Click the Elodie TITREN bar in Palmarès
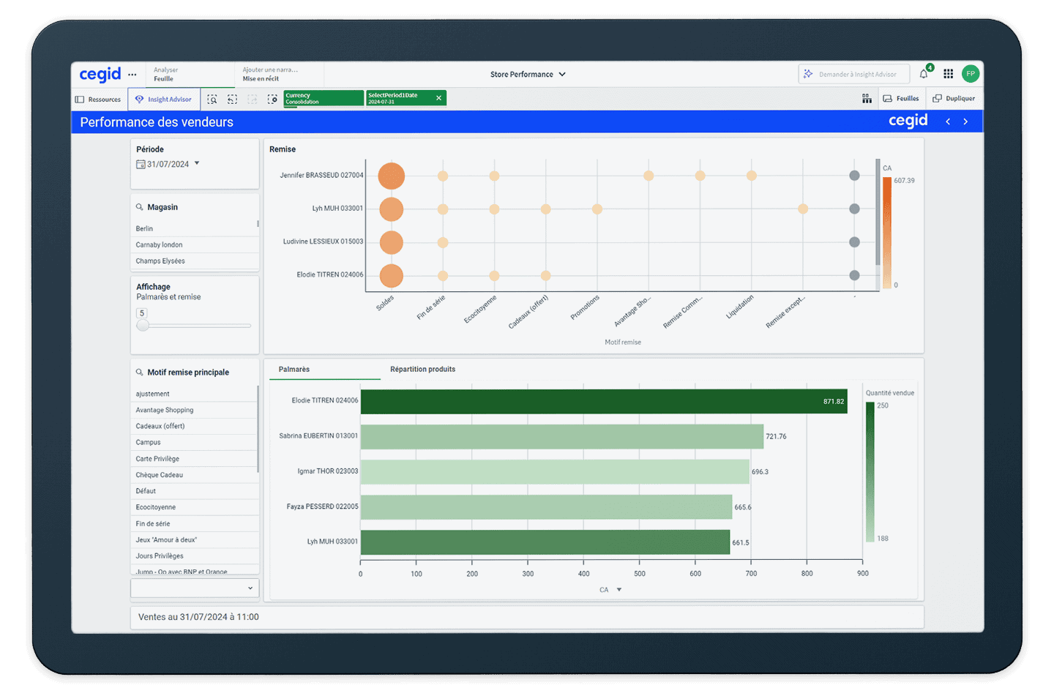click(603, 401)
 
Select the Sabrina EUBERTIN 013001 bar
click(561, 436)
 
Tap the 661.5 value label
click(741, 543)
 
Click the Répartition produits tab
click(422, 370)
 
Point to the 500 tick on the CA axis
click(640, 574)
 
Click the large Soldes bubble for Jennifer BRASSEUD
click(392, 176)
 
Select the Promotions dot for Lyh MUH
click(597, 209)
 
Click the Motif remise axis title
click(622, 343)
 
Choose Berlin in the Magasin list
click(145, 229)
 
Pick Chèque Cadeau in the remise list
click(160, 475)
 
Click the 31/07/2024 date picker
click(168, 165)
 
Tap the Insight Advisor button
click(164, 100)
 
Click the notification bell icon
click(924, 74)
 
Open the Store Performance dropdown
click(528, 75)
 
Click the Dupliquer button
click(954, 99)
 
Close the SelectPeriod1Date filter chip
click(438, 98)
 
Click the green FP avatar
click(971, 74)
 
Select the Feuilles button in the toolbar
click(901, 99)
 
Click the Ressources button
click(98, 100)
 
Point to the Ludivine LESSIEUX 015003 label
click(323, 242)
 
